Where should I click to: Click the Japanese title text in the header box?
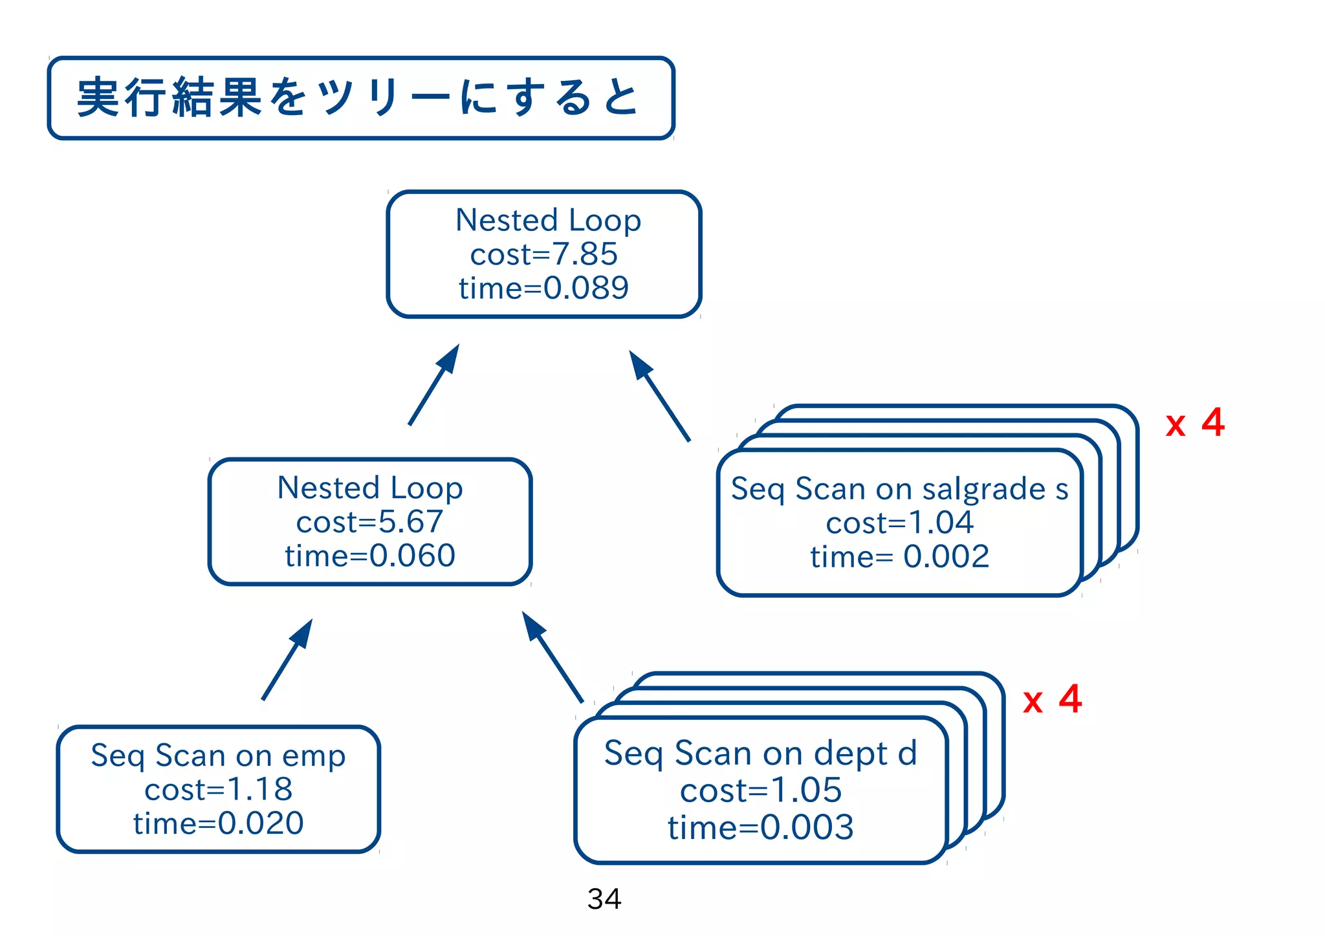click(x=359, y=98)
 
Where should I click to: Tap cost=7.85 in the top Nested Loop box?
click(x=543, y=254)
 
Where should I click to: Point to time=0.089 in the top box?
click(x=543, y=288)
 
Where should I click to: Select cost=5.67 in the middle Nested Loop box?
click(x=369, y=522)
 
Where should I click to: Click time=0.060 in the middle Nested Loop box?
click(x=369, y=556)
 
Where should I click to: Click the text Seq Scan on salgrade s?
click(x=899, y=488)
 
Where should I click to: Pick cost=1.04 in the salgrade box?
click(x=899, y=523)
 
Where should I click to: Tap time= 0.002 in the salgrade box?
click(x=899, y=556)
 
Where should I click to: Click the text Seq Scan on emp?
click(x=218, y=756)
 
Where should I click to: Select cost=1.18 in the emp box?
click(x=218, y=790)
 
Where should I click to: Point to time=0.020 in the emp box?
click(x=218, y=823)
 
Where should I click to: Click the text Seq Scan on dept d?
click(x=761, y=754)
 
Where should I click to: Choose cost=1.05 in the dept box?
click(x=761, y=790)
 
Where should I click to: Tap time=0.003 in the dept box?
click(x=761, y=827)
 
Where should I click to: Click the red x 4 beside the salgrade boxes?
click(x=1194, y=423)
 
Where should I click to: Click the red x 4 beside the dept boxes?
click(x=1052, y=700)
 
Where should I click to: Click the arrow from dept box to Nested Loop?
click(x=553, y=657)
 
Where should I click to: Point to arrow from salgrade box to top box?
click(x=659, y=396)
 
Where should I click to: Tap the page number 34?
click(x=604, y=898)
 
